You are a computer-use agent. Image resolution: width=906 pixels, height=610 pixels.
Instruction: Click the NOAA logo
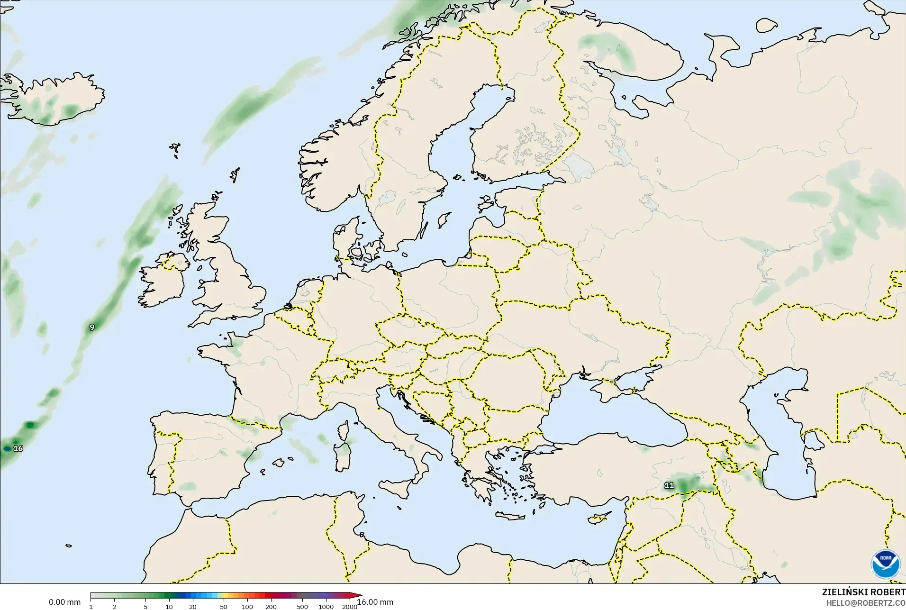[885, 564]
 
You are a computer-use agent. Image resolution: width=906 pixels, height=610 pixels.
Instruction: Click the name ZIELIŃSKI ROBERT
[863, 592]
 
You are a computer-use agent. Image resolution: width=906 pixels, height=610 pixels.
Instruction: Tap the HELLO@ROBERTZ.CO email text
[866, 603]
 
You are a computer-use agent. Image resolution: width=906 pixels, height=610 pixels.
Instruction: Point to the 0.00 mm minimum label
[64, 602]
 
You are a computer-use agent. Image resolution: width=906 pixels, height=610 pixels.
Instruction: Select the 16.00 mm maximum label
[375, 602]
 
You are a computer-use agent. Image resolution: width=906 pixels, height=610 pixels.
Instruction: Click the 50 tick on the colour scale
[224, 607]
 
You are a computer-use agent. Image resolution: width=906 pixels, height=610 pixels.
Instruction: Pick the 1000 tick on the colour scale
[326, 607]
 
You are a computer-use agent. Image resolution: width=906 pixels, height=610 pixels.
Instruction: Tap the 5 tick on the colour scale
[145, 607]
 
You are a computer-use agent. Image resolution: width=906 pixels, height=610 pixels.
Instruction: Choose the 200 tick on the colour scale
[271, 607]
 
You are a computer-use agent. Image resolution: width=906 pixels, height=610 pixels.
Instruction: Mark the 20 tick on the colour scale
[193, 607]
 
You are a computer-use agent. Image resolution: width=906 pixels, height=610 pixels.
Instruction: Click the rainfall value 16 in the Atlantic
[18, 448]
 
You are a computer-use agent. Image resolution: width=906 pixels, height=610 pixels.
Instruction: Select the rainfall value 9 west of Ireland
[92, 327]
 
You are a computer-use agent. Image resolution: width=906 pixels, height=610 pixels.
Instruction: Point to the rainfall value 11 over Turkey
[669, 485]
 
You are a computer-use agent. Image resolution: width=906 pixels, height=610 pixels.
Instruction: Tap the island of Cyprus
[598, 518]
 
